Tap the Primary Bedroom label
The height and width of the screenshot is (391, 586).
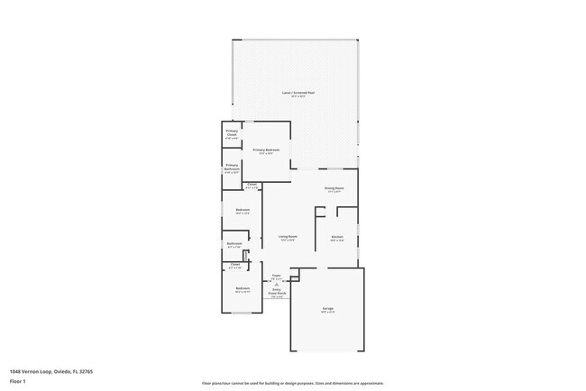click(266, 150)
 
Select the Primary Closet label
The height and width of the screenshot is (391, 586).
click(232, 134)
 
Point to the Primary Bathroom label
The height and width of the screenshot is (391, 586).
click(232, 168)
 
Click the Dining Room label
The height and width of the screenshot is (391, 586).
click(334, 189)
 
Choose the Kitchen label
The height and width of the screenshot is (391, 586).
click(337, 238)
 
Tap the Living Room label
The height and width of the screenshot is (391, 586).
click(288, 238)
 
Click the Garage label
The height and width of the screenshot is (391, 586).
click(328, 310)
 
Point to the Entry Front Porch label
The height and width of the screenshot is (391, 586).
click(278, 292)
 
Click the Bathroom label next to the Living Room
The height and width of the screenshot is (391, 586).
click(234, 245)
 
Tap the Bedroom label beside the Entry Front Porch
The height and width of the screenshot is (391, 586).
click(243, 290)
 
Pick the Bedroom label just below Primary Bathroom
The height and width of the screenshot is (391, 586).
click(243, 212)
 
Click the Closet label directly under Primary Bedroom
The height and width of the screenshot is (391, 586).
click(252, 186)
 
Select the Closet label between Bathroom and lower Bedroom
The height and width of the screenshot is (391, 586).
click(234, 266)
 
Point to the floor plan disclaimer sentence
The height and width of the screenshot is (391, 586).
click(292, 383)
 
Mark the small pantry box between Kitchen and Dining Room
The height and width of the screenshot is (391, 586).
click(320, 215)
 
